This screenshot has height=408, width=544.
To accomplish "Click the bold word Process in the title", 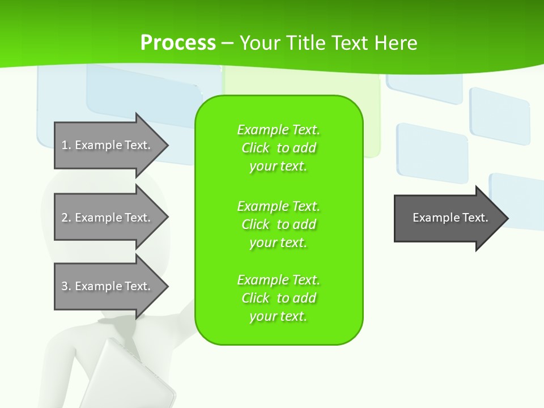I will tap(178, 42).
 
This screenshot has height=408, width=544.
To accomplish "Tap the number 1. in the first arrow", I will tap(66, 145).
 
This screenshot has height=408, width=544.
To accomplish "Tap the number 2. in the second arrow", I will tap(66, 218).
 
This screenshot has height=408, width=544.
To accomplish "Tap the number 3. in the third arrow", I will tap(66, 286).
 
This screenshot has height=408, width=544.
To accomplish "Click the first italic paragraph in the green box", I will tap(278, 148).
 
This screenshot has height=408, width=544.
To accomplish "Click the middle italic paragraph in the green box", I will tap(278, 224).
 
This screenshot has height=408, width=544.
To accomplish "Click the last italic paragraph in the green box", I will tap(278, 298).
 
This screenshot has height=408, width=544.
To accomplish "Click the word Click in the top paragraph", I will tap(256, 148).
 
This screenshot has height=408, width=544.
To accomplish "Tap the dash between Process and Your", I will tap(227, 43).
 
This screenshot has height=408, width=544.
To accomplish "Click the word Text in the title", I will tap(351, 42).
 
